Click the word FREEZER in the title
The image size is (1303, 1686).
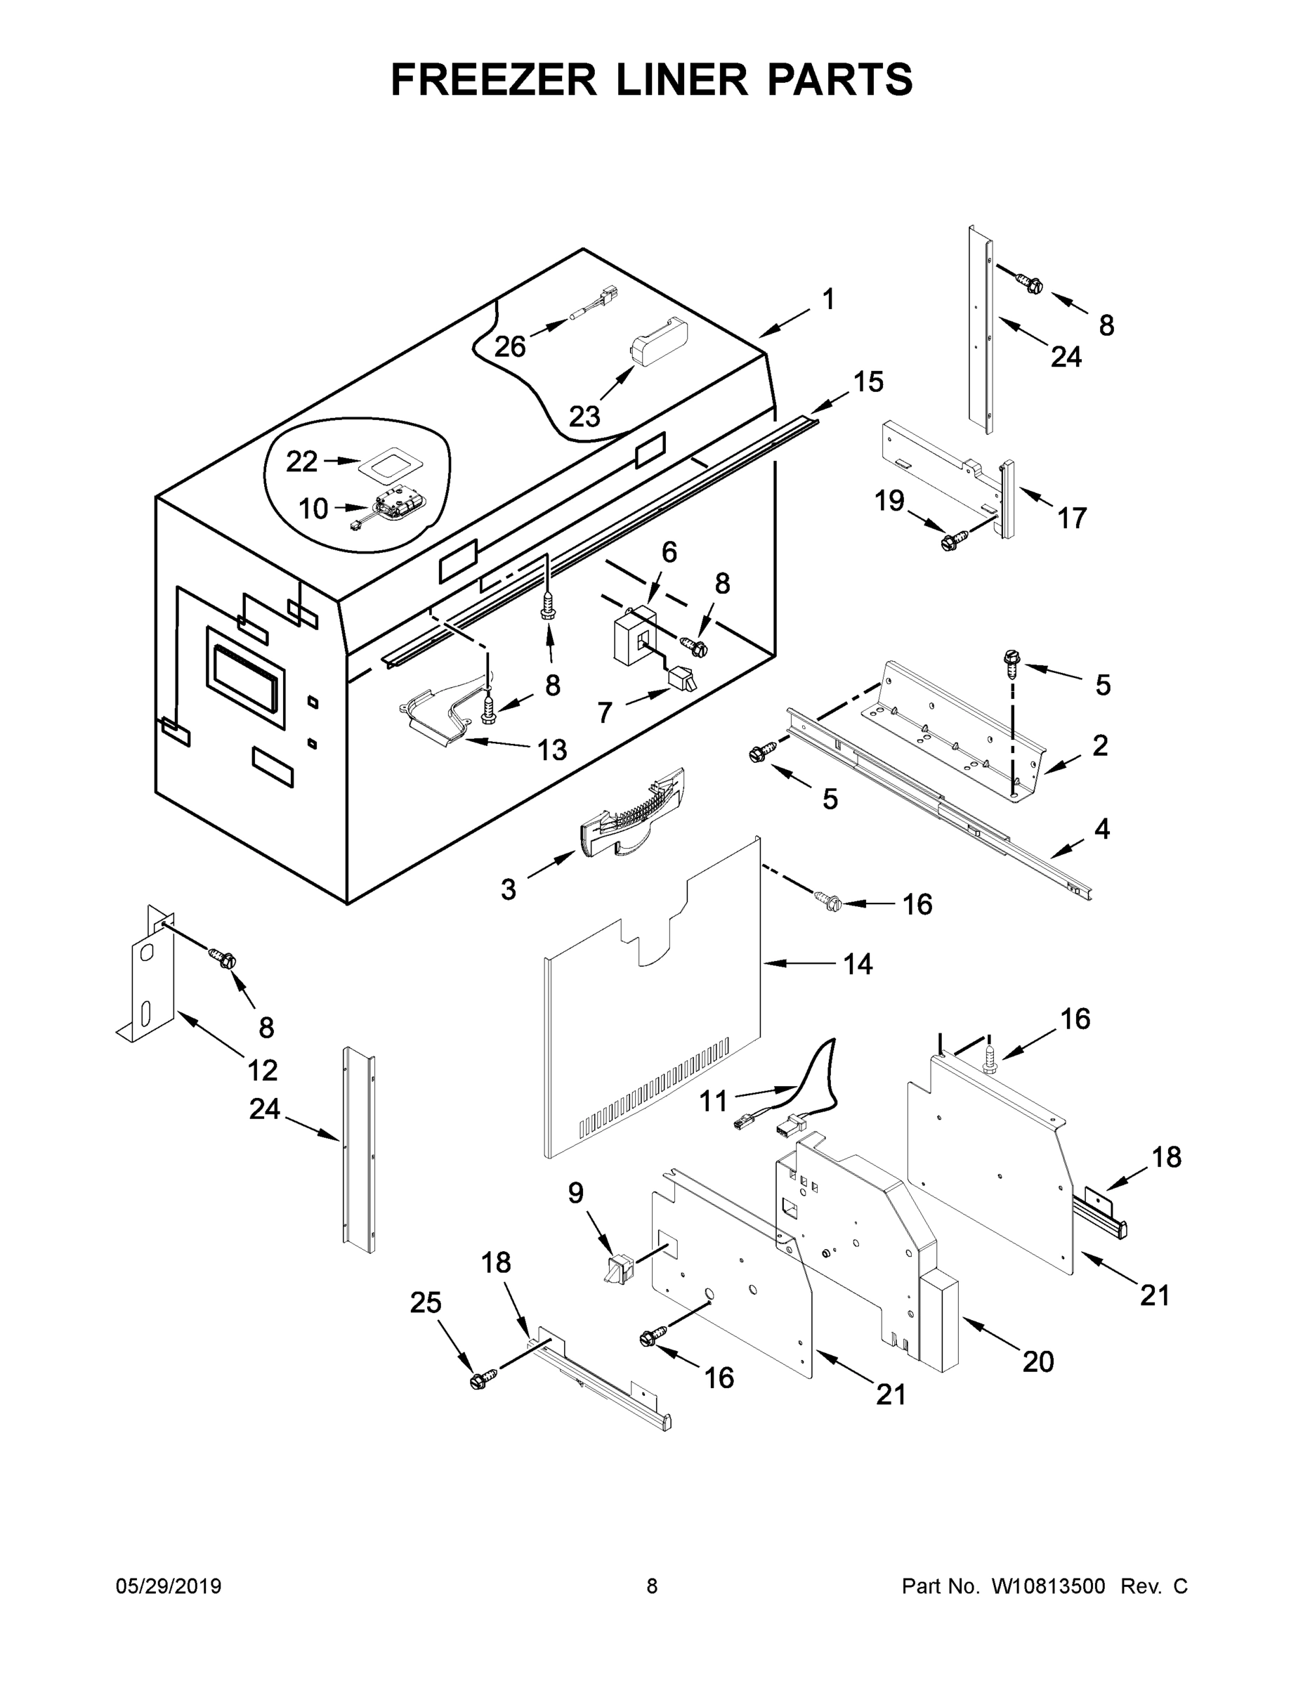point(493,79)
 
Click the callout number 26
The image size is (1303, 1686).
point(509,346)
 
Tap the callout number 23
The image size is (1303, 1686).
point(584,417)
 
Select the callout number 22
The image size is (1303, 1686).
point(301,462)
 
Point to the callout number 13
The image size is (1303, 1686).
point(552,750)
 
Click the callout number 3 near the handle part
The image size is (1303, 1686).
point(508,889)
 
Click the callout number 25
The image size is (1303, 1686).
point(426,1302)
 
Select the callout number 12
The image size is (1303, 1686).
point(263,1070)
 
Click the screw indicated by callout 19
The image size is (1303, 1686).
point(950,541)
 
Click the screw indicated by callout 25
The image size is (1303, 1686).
point(478,1381)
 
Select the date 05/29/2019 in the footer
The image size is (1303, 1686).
point(169,1586)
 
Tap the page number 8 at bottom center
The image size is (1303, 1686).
point(652,1586)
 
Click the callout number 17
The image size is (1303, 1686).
point(1071,518)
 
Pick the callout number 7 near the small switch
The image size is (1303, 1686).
point(606,712)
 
